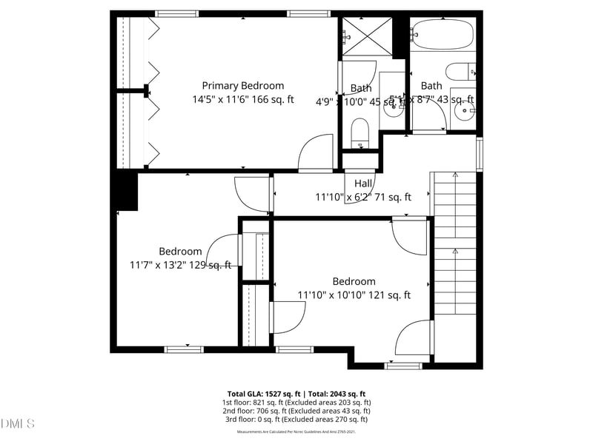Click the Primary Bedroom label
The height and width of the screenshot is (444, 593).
242,86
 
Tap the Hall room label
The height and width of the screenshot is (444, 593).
363,184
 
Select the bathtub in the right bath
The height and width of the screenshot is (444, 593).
442,33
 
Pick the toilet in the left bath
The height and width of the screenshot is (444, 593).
360,134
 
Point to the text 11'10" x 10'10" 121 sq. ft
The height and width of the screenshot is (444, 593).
354,295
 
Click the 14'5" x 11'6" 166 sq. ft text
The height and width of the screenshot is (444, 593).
242,99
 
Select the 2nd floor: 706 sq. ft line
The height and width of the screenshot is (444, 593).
296,411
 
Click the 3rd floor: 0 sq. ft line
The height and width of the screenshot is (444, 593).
296,419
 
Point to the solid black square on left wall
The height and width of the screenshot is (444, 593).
126,191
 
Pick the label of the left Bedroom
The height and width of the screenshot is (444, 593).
180,252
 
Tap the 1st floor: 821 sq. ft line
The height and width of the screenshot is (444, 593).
296,403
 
